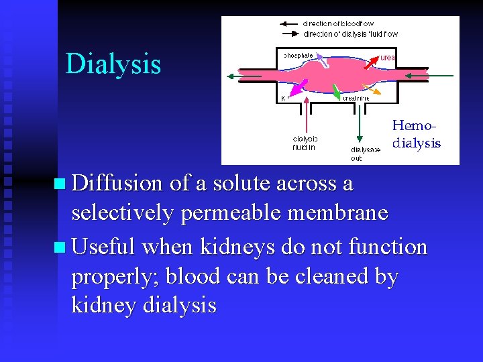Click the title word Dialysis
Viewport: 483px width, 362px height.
(x=113, y=64)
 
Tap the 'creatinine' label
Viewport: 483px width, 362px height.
(x=356, y=98)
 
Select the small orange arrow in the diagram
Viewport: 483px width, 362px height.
(x=374, y=89)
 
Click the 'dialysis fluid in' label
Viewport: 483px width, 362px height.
(x=305, y=143)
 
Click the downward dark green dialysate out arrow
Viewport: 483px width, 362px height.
(x=362, y=121)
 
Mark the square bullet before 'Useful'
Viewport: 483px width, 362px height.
(x=61, y=248)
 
